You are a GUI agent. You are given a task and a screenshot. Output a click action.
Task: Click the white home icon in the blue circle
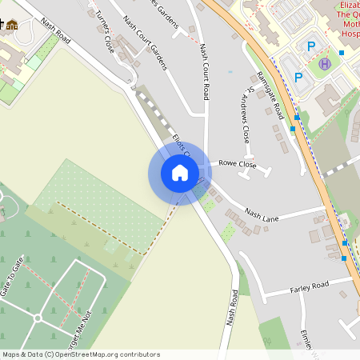[180, 172]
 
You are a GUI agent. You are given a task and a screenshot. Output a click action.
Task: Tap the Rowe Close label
[237, 164]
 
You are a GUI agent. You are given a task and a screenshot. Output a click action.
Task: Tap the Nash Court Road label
[205, 71]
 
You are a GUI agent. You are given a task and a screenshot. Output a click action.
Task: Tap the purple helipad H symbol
[325, 64]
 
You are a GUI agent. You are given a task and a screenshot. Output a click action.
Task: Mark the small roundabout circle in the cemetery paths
[38, 318]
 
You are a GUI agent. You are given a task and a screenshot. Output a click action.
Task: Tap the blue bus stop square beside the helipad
[342, 53]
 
